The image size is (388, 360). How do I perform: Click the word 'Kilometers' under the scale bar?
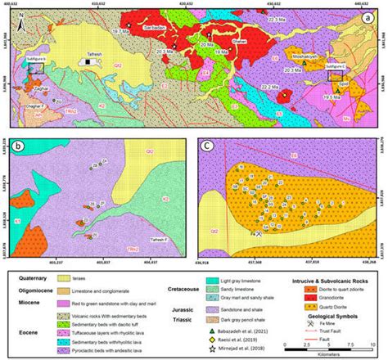click(333, 355)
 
